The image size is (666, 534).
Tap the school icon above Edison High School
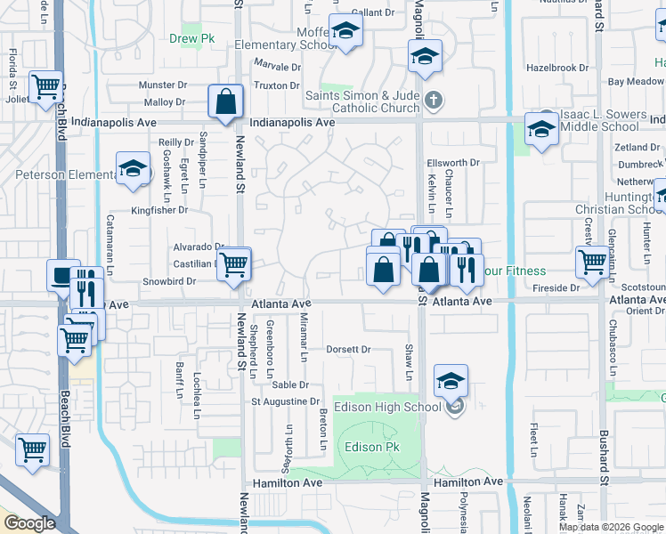tap(451, 382)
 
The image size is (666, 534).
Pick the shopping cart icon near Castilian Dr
tap(233, 263)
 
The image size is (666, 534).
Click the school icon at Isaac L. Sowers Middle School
tap(540, 128)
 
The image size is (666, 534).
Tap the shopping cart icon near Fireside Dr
tap(592, 262)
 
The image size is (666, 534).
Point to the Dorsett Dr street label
tap(348, 350)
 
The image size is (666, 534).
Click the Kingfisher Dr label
tap(159, 210)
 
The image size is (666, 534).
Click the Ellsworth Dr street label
tap(453, 163)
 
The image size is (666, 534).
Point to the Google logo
tap(30, 523)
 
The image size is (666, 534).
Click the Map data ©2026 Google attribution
tap(611, 527)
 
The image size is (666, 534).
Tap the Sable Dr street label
tap(290, 384)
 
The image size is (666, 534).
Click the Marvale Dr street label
tap(278, 67)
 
